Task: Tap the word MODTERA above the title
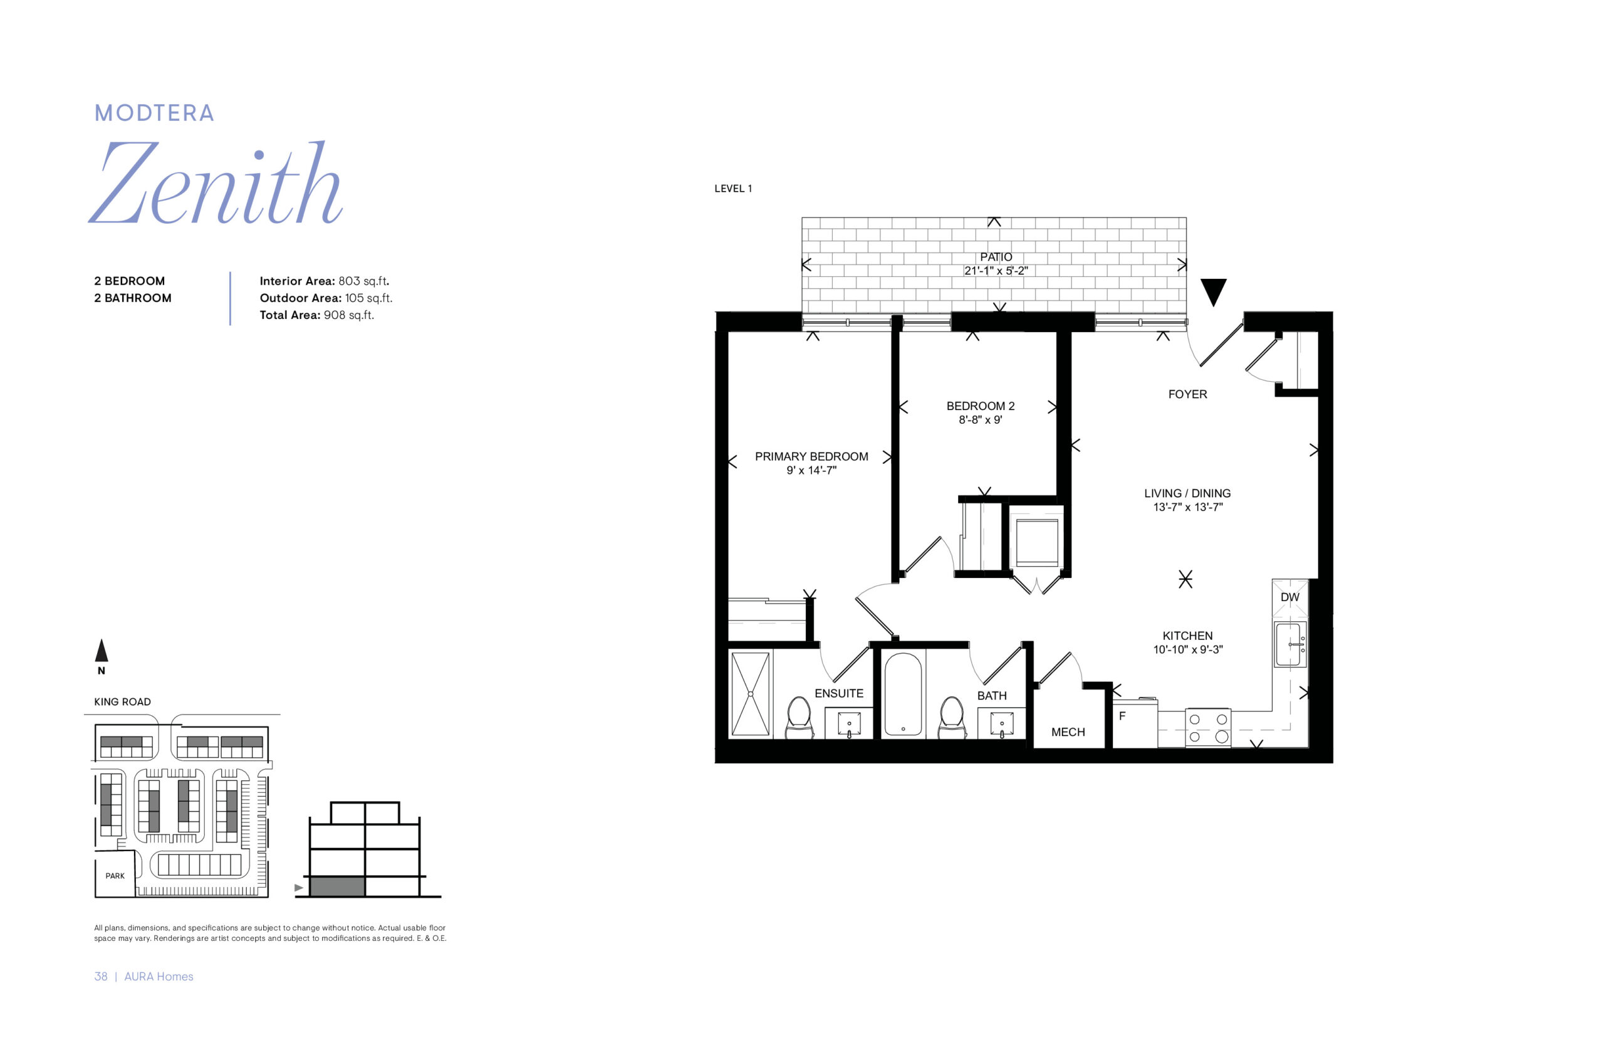pos(154,113)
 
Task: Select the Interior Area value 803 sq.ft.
pos(364,281)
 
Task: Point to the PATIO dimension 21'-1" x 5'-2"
pos(996,271)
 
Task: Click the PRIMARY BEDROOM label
pos(811,456)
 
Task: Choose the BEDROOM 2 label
pos(980,406)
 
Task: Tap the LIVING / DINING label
pos(1187,493)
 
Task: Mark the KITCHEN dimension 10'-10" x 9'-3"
pos(1188,650)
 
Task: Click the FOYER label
pos(1187,394)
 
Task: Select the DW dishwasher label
pos(1289,597)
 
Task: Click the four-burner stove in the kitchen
pos(1207,728)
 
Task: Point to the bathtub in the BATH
pos(902,694)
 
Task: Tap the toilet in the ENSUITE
pos(798,717)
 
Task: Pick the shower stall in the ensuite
pos(750,694)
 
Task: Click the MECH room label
pos(1068,732)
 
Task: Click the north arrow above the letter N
pos(101,651)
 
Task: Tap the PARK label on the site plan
pos(115,876)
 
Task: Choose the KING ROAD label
pos(122,701)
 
